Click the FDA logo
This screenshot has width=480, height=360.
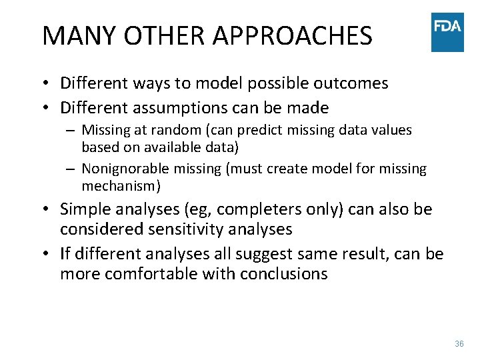[447, 32]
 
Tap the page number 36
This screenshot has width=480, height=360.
[459, 344]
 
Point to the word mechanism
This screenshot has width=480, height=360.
[117, 185]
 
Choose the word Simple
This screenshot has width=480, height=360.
[85, 209]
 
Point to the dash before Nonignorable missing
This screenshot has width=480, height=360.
[69, 169]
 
